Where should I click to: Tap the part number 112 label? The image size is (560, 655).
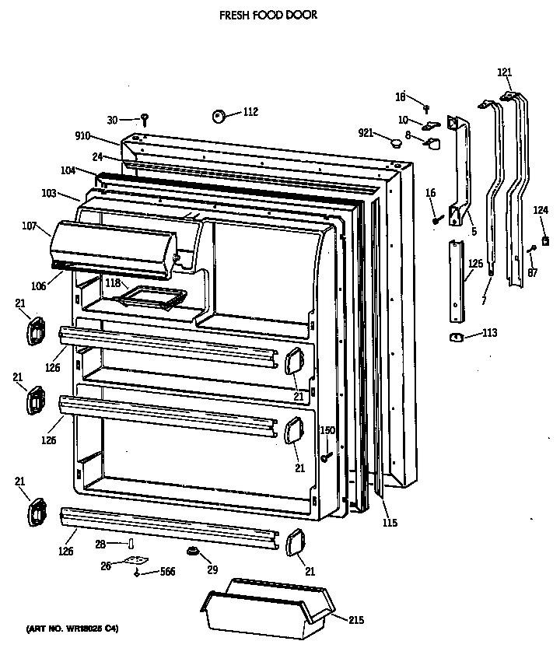[x=250, y=112]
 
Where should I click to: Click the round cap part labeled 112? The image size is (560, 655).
[x=219, y=116]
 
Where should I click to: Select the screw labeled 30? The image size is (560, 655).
[x=145, y=119]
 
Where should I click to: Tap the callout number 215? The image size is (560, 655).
[x=355, y=620]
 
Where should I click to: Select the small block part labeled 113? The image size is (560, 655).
[x=457, y=337]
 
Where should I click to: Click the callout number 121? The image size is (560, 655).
[x=505, y=72]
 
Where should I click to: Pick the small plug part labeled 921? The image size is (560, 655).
[x=396, y=142]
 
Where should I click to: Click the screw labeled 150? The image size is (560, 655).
[x=329, y=450]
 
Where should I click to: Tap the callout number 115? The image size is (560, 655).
[x=389, y=523]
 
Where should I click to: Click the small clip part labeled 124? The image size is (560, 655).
[x=546, y=241]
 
